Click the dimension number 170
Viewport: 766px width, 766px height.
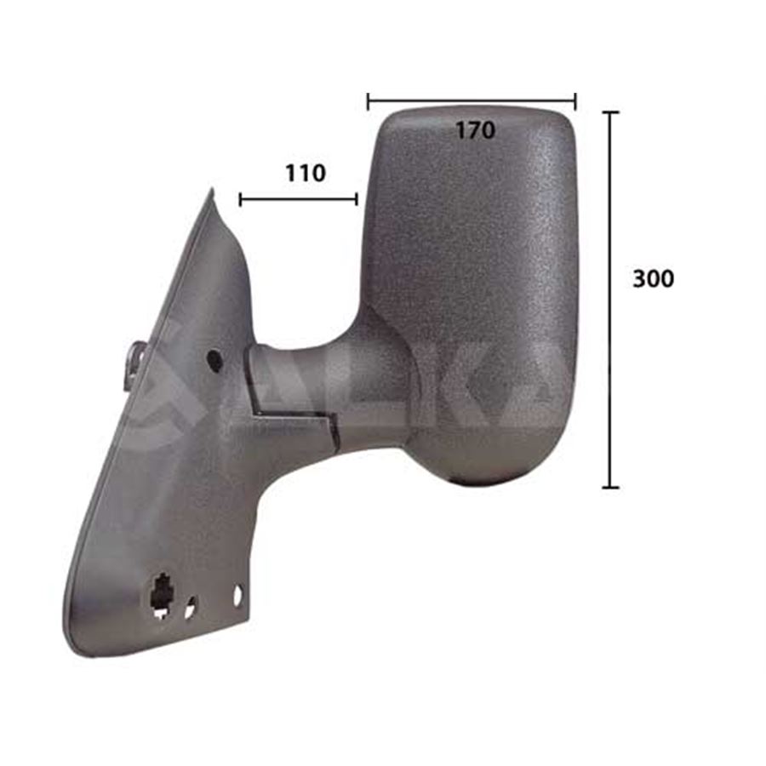(475, 130)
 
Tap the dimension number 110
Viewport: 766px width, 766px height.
(305, 173)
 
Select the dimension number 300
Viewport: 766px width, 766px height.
(653, 278)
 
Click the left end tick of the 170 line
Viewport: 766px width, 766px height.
(368, 101)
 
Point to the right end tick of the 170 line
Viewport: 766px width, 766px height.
(575, 101)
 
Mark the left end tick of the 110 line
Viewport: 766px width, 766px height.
(240, 199)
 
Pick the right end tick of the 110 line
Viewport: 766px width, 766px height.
(357, 199)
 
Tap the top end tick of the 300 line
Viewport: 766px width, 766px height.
(610, 112)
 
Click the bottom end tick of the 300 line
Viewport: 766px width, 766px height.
(610, 487)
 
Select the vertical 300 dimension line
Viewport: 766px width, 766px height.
(610, 300)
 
